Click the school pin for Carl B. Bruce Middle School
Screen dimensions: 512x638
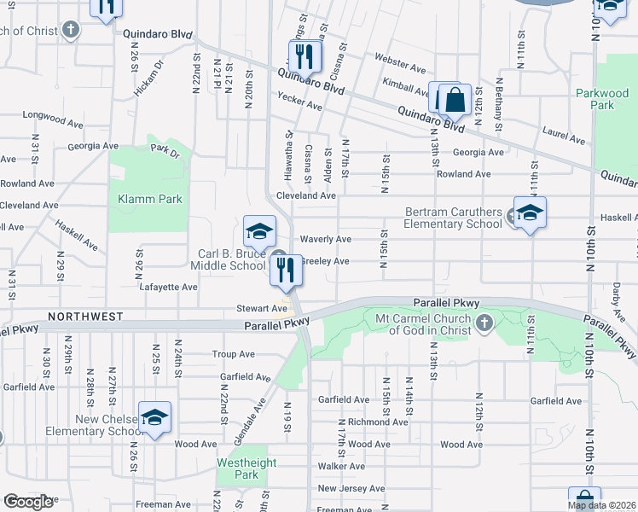click(x=260, y=230)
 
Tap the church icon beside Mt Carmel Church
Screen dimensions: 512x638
click(x=484, y=322)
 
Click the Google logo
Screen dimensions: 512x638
click(x=28, y=502)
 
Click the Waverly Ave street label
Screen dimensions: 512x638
click(x=325, y=240)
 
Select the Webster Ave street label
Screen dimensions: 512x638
click(x=399, y=67)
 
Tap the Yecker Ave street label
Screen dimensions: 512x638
click(x=299, y=106)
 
